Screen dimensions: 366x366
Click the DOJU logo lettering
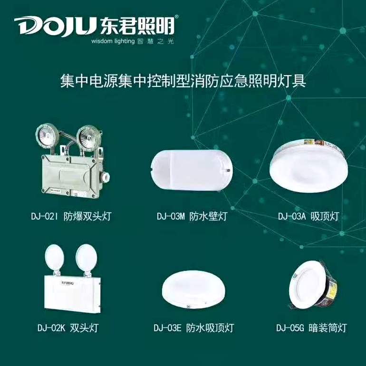tap(56, 26)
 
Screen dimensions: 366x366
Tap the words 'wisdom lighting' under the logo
tap(113, 41)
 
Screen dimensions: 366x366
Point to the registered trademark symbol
tap(176, 17)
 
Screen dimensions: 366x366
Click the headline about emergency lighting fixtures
tap(183, 81)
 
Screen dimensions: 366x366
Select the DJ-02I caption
tap(71, 216)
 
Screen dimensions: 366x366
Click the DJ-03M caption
tap(192, 216)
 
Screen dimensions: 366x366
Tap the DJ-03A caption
tap(308, 216)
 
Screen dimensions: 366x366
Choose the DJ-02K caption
tap(68, 327)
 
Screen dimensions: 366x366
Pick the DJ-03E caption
tap(194, 327)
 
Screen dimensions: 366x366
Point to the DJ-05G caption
tap(311, 327)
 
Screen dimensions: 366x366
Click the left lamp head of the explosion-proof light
tap(46, 135)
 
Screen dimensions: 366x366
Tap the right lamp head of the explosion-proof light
tap(89, 137)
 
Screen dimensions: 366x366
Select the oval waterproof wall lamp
tap(191, 170)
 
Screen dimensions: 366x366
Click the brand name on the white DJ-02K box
tap(67, 283)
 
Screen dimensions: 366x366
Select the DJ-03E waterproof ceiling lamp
tap(193, 289)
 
